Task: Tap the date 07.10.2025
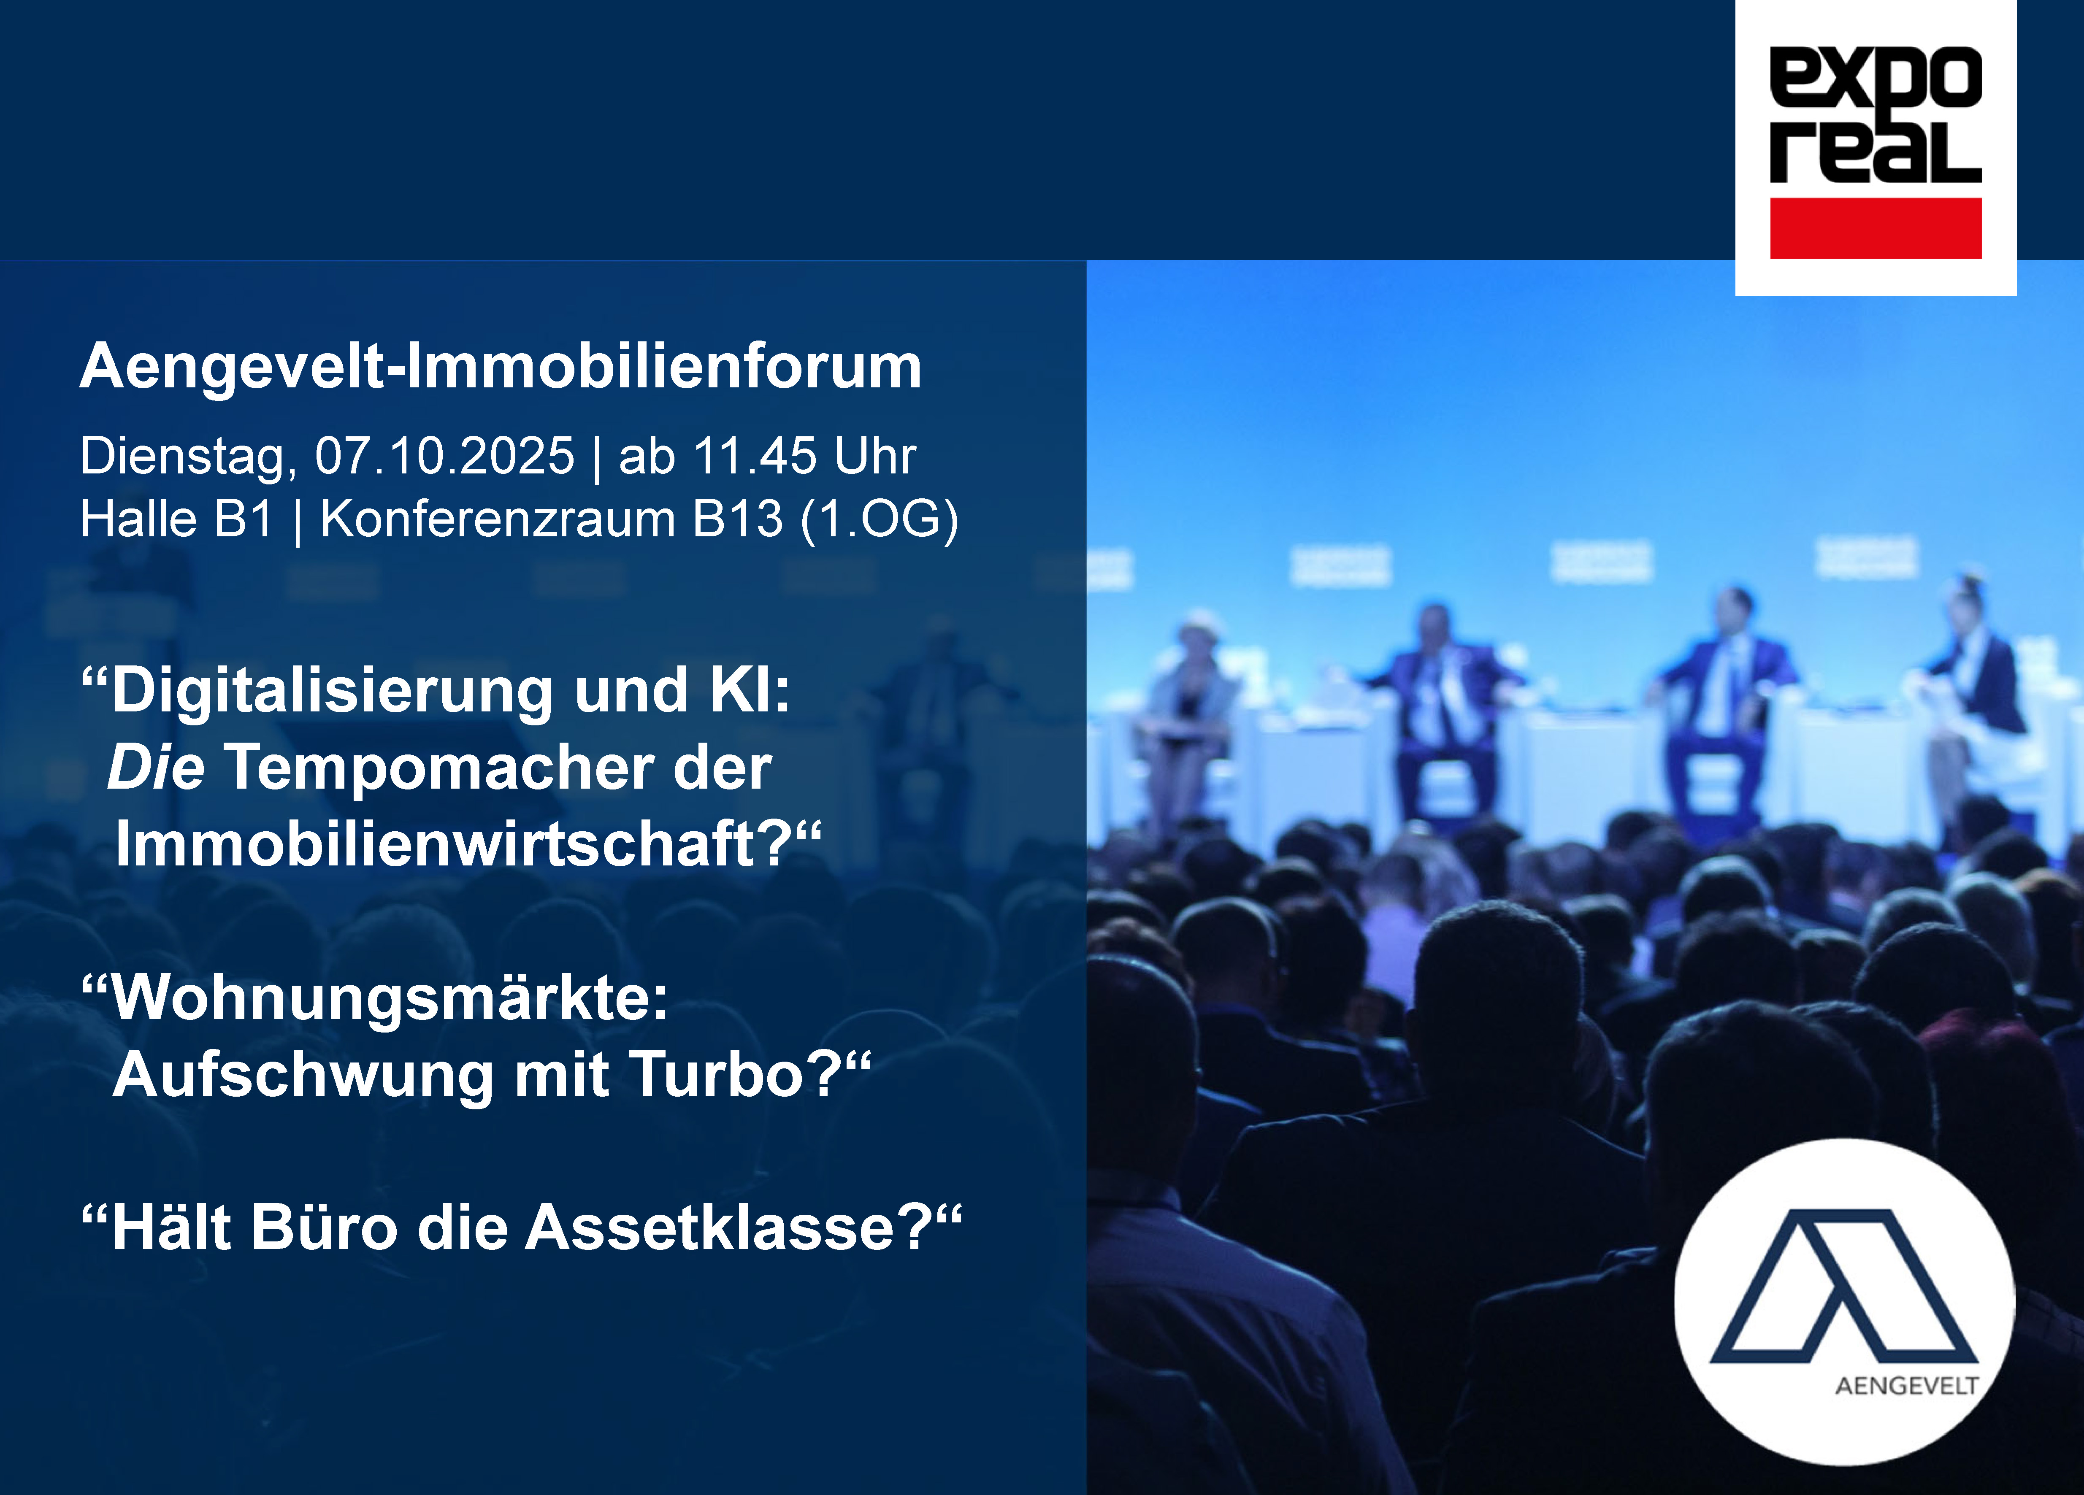coord(445,456)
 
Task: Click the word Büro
coord(323,1227)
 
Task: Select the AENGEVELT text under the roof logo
coord(1907,1386)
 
